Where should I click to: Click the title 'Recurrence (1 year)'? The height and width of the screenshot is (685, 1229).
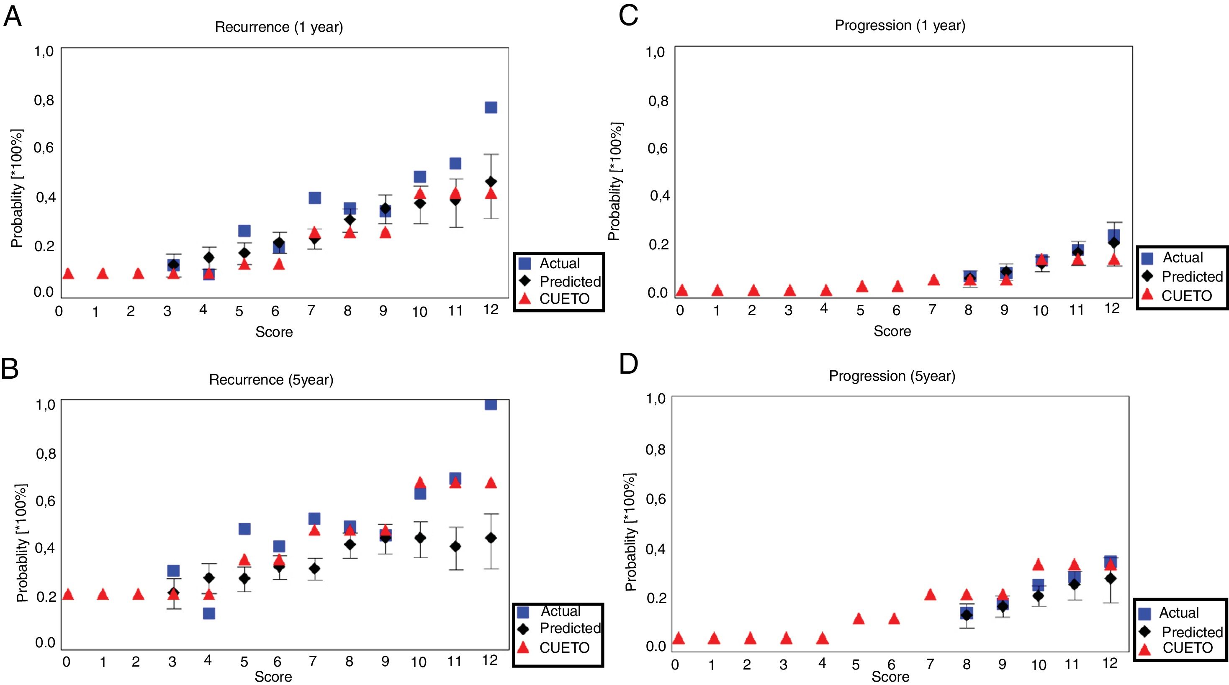[279, 27]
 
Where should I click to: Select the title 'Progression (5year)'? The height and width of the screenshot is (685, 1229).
[892, 376]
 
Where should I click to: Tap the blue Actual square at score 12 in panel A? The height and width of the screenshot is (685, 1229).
[491, 107]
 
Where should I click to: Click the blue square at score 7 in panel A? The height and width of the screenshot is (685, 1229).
[314, 198]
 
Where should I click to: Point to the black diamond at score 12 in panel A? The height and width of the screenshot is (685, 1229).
[491, 182]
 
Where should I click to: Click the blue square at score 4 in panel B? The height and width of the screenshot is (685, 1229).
[208, 613]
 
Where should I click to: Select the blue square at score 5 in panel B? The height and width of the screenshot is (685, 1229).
[244, 529]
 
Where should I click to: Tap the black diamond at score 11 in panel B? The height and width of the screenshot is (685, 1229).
[455, 546]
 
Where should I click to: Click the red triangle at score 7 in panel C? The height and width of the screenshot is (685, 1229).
[933, 280]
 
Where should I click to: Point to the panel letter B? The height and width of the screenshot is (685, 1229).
[10, 368]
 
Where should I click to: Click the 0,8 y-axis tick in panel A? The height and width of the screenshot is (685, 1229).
[44, 100]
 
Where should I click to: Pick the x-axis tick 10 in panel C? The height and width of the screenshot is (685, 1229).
[1040, 311]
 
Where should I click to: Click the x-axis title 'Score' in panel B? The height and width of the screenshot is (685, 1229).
[273, 676]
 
